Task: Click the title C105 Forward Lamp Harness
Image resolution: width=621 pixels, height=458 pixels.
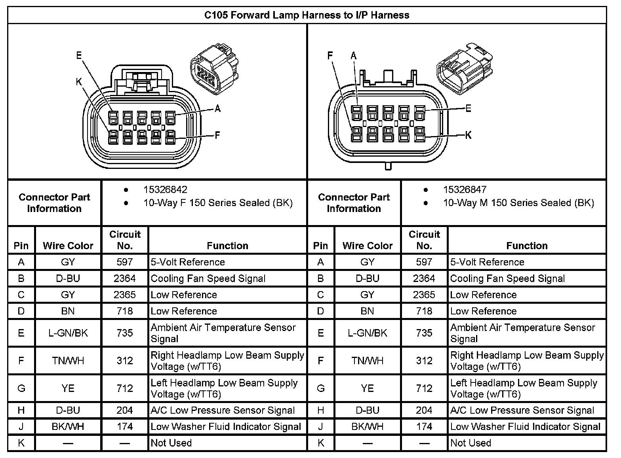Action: (307, 15)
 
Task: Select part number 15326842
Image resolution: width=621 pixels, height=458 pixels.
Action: (165, 189)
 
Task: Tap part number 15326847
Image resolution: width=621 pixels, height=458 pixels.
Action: (465, 189)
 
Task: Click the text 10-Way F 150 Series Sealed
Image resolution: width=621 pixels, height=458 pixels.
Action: (217, 203)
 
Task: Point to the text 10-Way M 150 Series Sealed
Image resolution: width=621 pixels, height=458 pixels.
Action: (518, 203)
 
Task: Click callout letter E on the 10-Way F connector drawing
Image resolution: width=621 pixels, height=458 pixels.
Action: (79, 55)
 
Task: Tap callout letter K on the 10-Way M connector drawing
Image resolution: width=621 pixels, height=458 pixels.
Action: (468, 135)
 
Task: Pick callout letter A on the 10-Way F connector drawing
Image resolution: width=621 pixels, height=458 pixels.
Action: (217, 108)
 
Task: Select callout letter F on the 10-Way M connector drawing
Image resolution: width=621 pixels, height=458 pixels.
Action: (330, 56)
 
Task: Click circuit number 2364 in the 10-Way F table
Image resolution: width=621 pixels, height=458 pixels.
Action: (125, 278)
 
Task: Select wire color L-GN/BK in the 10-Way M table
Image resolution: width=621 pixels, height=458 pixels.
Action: (368, 333)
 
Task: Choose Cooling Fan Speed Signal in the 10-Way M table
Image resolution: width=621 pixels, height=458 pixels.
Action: (507, 278)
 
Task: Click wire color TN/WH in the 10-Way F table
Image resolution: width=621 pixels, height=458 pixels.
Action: (68, 361)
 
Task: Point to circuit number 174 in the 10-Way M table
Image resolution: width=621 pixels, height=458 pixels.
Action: (424, 427)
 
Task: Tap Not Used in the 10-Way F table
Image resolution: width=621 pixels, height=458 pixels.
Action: (171, 443)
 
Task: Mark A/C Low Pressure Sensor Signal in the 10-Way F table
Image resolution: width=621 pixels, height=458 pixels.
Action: (223, 411)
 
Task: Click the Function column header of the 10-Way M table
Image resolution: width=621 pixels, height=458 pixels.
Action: (527, 246)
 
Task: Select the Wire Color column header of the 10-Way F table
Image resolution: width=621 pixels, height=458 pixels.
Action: (68, 246)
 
